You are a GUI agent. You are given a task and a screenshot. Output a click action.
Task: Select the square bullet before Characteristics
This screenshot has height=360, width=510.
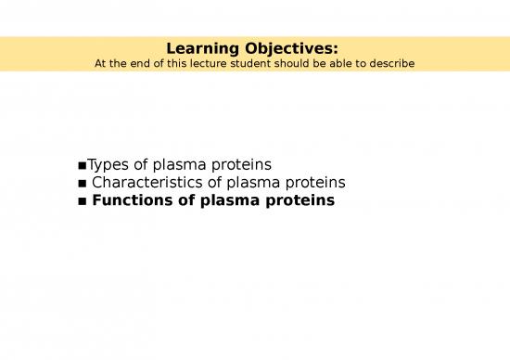[83, 184]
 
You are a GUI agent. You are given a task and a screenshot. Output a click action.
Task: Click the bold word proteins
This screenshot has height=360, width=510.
[301, 200]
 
